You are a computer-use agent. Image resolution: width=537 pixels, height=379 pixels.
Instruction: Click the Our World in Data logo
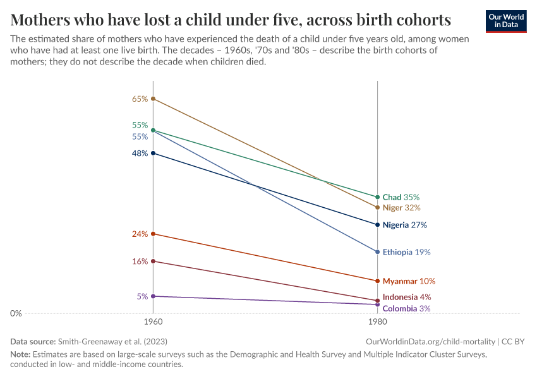[x=505, y=21]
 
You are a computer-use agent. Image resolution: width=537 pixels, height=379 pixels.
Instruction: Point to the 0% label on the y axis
[x=16, y=313]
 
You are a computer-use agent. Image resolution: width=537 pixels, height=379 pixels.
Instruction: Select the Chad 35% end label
[x=401, y=197]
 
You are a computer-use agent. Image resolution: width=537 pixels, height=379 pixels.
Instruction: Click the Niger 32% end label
[x=401, y=207]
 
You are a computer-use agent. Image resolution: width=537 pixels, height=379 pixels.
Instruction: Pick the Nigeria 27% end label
[x=404, y=225]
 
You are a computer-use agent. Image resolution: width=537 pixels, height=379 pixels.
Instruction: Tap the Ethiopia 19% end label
[x=406, y=252]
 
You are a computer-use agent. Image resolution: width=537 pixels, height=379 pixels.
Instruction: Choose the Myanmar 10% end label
[x=409, y=281]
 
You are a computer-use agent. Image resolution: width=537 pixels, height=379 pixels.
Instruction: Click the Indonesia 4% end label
[x=407, y=297]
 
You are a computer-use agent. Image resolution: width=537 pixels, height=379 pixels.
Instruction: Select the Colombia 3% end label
[x=406, y=308]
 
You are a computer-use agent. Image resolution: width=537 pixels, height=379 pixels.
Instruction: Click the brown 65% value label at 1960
[x=140, y=99]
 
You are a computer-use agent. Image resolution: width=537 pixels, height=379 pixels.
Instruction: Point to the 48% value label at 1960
[x=140, y=153]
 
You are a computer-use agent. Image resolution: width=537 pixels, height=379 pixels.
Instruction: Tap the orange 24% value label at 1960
[x=140, y=234]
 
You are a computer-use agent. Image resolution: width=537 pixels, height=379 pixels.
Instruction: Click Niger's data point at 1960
[x=153, y=99]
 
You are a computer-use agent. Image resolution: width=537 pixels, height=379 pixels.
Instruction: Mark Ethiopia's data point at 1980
[x=377, y=252]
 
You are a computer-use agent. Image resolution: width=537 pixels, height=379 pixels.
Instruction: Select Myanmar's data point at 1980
[x=377, y=281]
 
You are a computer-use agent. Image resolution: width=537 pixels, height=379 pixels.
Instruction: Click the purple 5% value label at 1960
[x=142, y=296]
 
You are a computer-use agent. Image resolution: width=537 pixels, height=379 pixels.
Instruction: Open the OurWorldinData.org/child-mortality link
[x=431, y=341]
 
